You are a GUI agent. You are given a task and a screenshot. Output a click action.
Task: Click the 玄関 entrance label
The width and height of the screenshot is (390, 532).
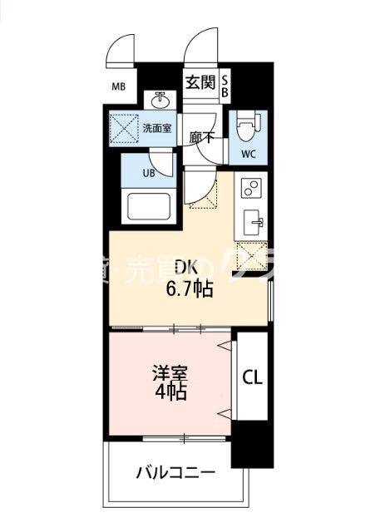tap(200, 82)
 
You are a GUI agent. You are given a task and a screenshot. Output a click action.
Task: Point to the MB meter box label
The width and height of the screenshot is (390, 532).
tap(119, 85)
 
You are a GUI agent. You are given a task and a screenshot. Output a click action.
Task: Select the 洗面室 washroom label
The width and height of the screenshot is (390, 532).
tap(156, 128)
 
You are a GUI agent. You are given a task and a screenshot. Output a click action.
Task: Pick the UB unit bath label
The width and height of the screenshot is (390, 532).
tap(148, 173)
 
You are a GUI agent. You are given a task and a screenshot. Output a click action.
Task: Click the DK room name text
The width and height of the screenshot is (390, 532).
tap(185, 268)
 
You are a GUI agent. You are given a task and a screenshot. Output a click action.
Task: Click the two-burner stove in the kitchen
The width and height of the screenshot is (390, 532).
tap(251, 189)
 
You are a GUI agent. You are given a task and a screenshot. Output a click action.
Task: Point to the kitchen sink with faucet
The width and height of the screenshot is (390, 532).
tap(252, 222)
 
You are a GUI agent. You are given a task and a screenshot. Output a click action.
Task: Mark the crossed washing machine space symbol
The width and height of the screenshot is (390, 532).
tap(128, 129)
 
